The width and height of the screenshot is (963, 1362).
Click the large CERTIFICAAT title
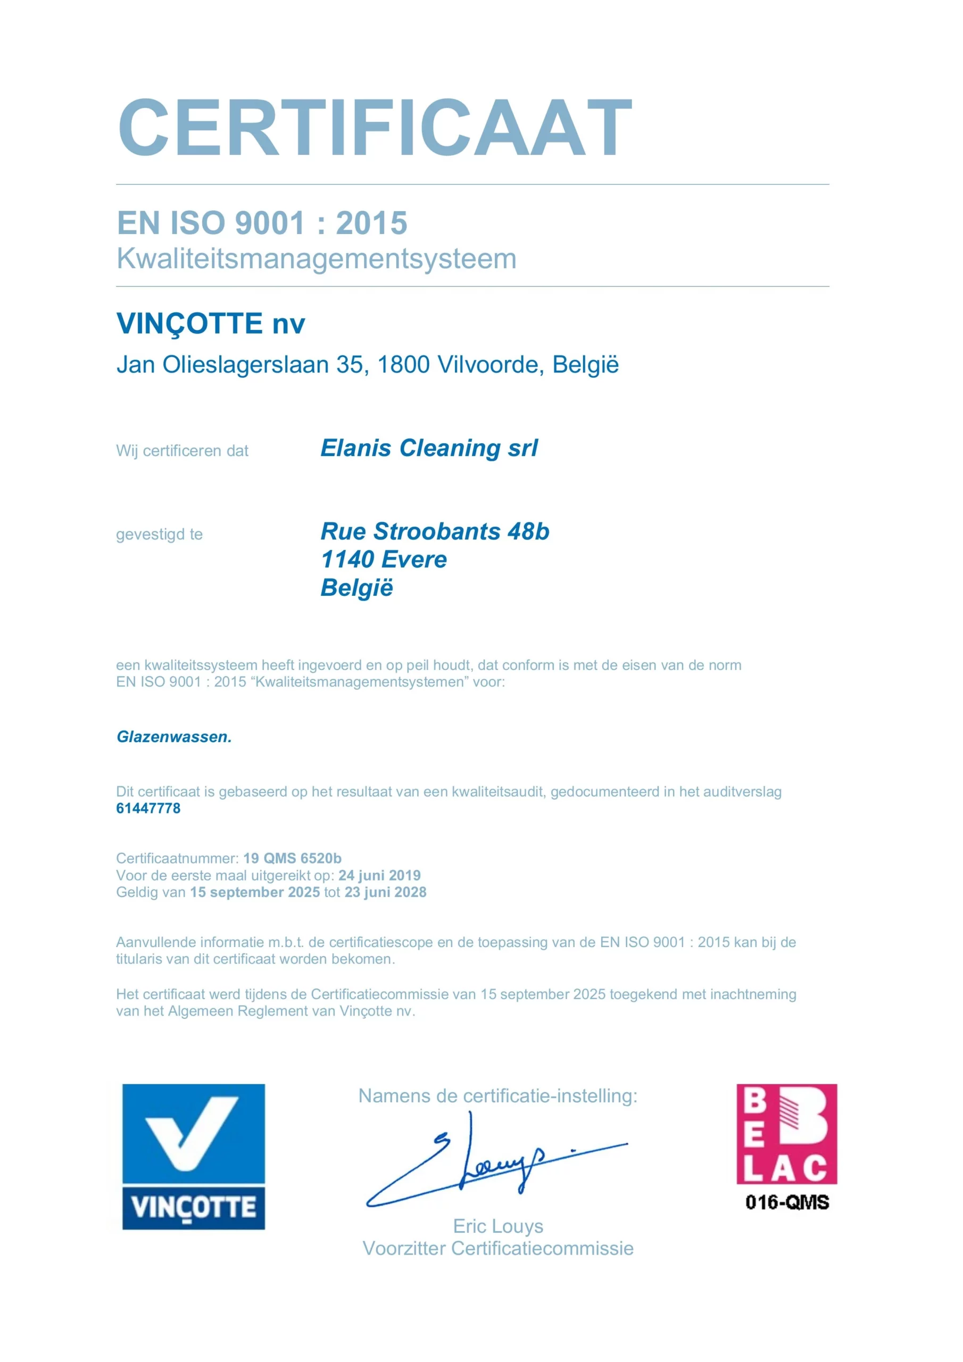coord(375,128)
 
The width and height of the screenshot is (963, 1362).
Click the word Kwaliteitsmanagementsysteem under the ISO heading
coord(316,259)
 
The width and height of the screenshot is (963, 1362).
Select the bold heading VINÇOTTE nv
coord(211,324)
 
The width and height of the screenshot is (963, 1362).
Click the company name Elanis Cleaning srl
coord(429,449)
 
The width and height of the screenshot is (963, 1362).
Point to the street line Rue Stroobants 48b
coord(435,531)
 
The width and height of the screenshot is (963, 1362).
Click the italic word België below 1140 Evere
coord(356,588)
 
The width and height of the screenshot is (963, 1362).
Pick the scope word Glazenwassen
coord(174,737)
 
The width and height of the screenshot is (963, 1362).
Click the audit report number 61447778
coord(148,808)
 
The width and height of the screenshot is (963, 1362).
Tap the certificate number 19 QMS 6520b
coord(293,858)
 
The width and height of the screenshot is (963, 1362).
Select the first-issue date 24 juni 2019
coord(380,876)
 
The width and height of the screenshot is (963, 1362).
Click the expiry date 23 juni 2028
coord(386,892)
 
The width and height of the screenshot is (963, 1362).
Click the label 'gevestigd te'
coord(159,535)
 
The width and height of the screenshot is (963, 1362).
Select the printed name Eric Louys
coord(498,1226)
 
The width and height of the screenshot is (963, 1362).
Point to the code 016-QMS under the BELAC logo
coord(787,1202)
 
